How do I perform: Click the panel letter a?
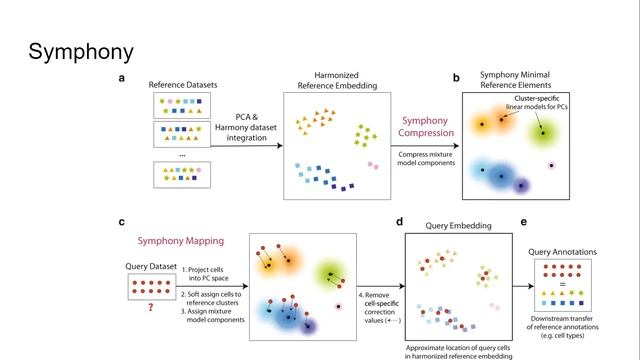tap(122, 78)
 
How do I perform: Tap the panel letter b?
tap(456, 78)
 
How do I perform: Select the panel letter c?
tap(122, 222)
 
